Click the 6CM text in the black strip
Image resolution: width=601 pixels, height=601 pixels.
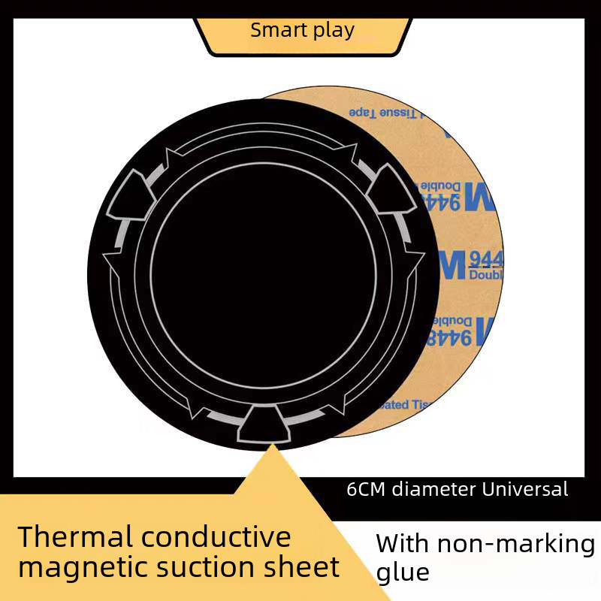click(x=366, y=490)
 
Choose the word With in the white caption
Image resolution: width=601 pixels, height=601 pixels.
click(x=402, y=543)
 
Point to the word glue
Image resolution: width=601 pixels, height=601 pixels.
click(x=403, y=573)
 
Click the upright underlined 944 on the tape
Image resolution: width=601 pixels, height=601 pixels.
click(x=485, y=260)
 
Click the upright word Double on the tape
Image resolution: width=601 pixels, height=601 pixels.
click(x=485, y=276)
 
